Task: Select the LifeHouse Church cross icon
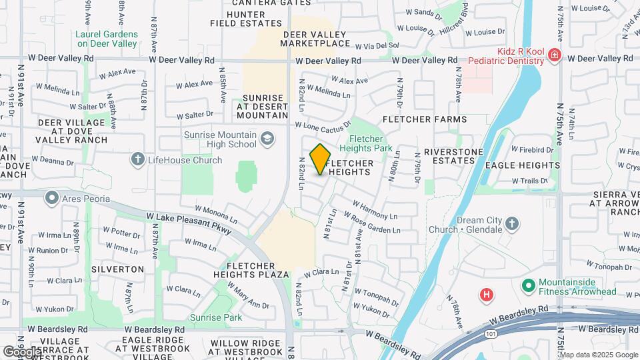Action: (138, 159)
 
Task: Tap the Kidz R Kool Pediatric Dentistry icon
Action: (554, 55)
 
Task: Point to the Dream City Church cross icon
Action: (512, 223)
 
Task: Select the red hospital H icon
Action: (487, 294)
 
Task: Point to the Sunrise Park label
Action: (216, 318)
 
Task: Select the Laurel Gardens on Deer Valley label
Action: (107, 39)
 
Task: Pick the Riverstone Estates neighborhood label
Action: (453, 156)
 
